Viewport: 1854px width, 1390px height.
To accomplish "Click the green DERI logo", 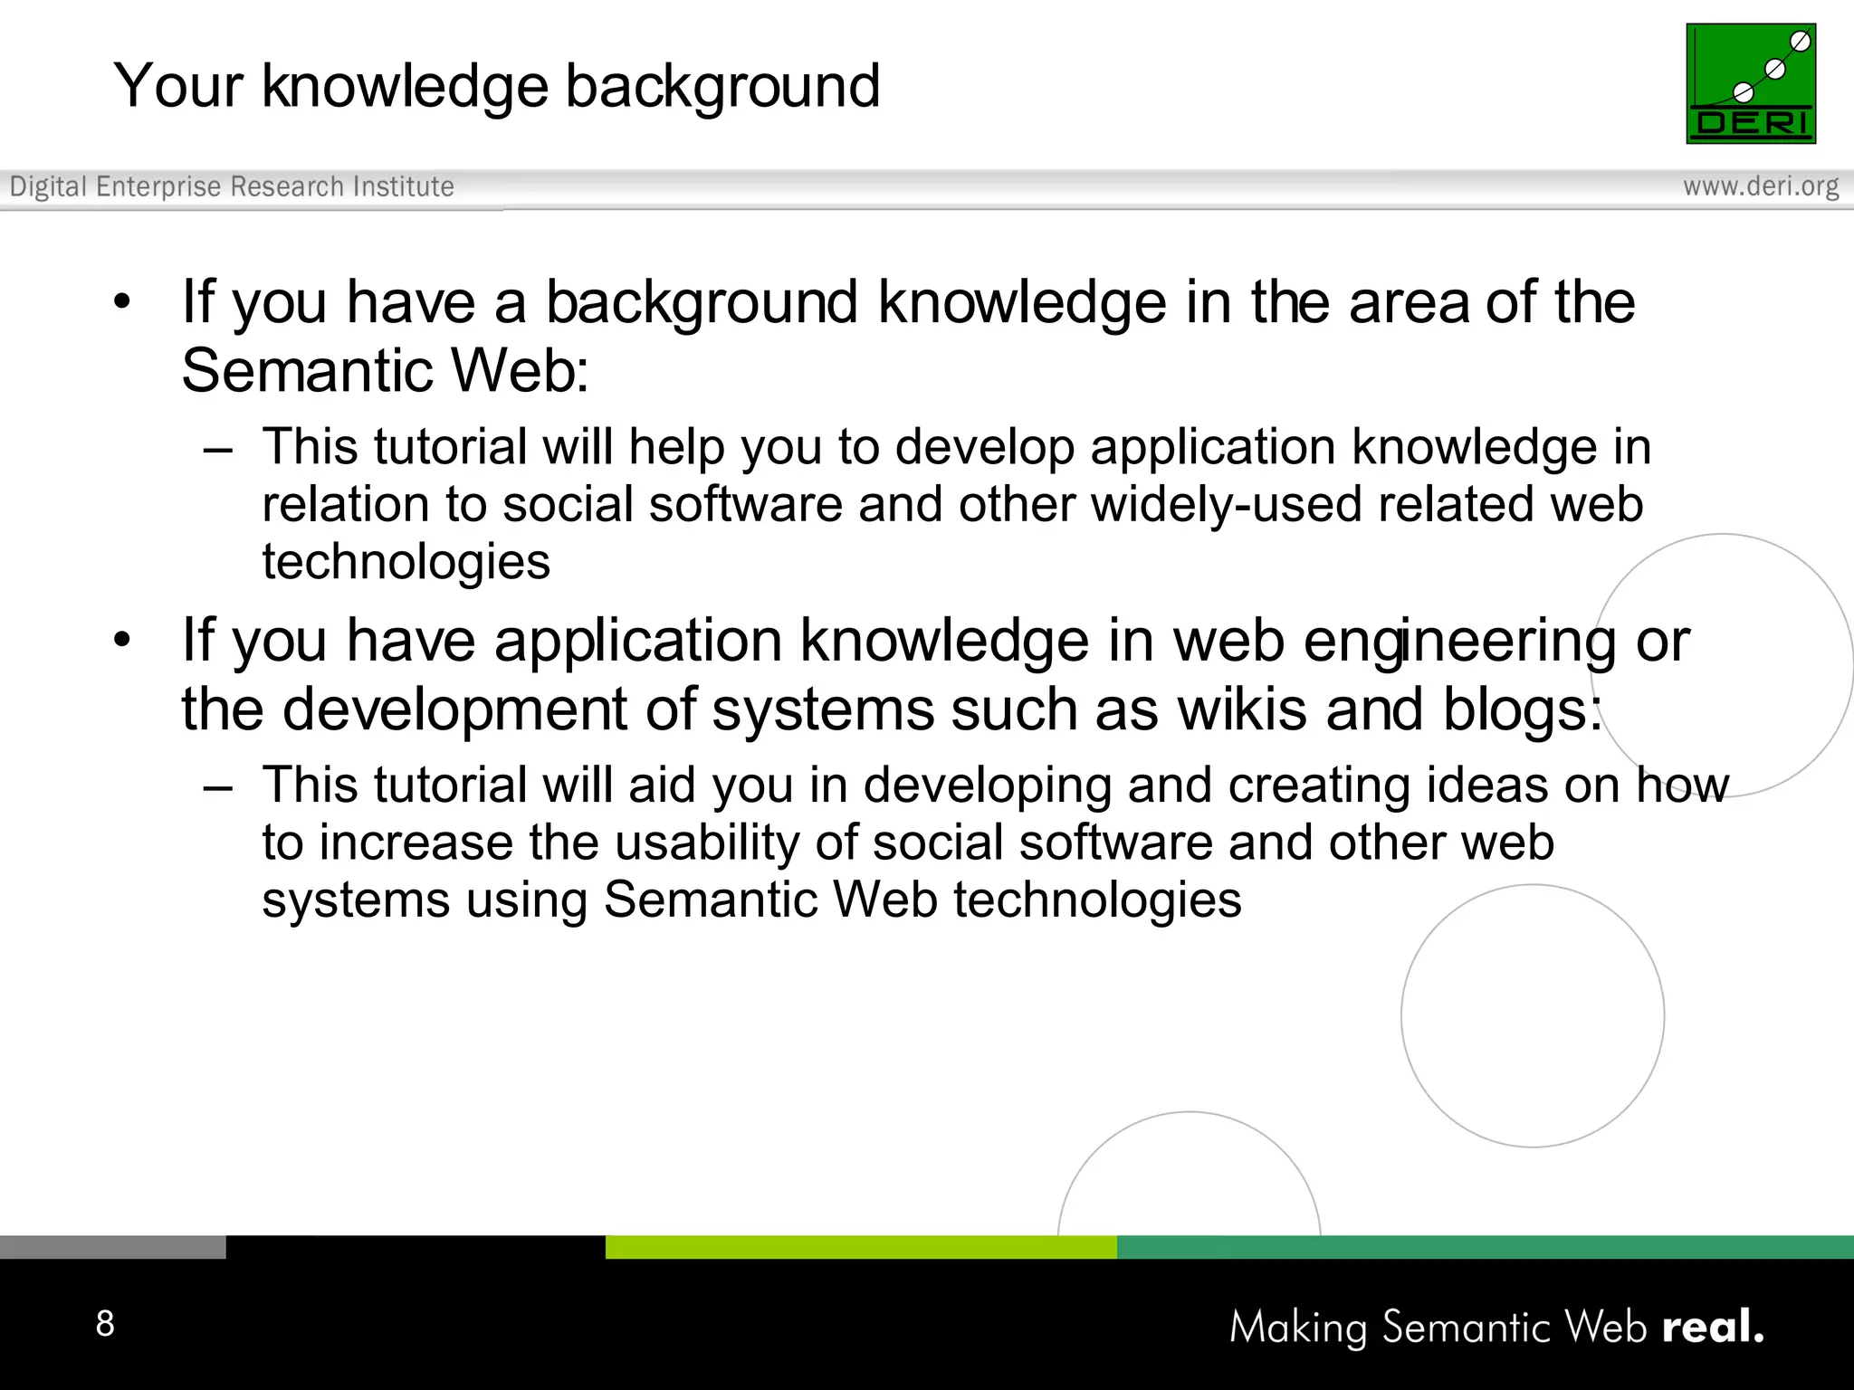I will click(x=1750, y=83).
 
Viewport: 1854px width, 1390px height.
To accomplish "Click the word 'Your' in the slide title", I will click(x=177, y=87).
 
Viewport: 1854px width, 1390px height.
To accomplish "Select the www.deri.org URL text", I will click(x=1760, y=186).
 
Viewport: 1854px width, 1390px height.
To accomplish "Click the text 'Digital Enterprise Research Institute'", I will click(x=232, y=186).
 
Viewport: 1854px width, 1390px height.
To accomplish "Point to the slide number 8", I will click(x=105, y=1323).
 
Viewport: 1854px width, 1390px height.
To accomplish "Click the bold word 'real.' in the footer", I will click(x=1713, y=1327).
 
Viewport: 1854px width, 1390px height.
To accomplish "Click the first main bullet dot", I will click(x=122, y=301).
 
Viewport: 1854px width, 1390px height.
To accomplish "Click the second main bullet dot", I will click(x=122, y=640).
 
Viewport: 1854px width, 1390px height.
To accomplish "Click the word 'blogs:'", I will click(x=1522, y=710).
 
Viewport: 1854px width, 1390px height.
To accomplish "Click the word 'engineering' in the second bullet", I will click(x=1459, y=643).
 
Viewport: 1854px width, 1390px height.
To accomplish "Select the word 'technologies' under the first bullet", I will click(x=406, y=563).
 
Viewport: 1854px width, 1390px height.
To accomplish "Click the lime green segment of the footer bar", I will click(x=860, y=1247).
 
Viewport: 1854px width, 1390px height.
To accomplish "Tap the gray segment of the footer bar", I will click(x=112, y=1247).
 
